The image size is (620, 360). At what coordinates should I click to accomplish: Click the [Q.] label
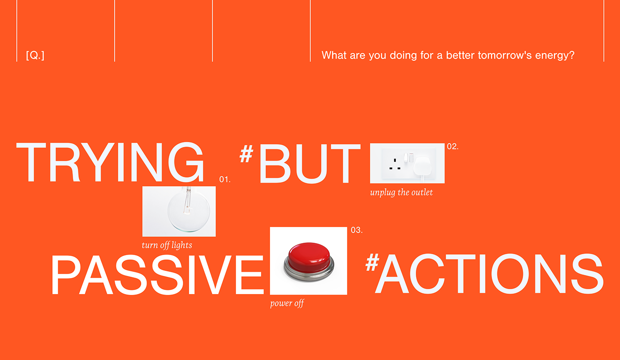[35, 55]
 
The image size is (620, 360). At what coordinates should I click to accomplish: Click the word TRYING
[110, 162]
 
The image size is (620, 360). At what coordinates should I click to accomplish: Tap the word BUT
[310, 163]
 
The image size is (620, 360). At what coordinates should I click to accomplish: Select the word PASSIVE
[157, 275]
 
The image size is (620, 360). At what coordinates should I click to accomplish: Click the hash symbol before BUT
[246, 154]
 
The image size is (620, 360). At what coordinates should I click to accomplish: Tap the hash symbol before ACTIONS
[372, 262]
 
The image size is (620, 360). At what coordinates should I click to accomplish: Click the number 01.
[225, 179]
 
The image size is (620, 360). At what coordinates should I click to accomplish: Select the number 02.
[453, 147]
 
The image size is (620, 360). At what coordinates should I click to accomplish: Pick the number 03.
[356, 230]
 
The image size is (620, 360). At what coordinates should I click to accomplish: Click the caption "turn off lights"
[167, 245]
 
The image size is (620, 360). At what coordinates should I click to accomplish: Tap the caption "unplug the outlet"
[401, 193]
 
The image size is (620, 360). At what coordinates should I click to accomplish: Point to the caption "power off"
[287, 303]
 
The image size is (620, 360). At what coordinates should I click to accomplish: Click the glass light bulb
[188, 209]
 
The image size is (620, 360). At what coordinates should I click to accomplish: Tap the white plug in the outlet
[422, 166]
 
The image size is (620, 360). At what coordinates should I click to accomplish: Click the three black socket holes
[395, 164]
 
